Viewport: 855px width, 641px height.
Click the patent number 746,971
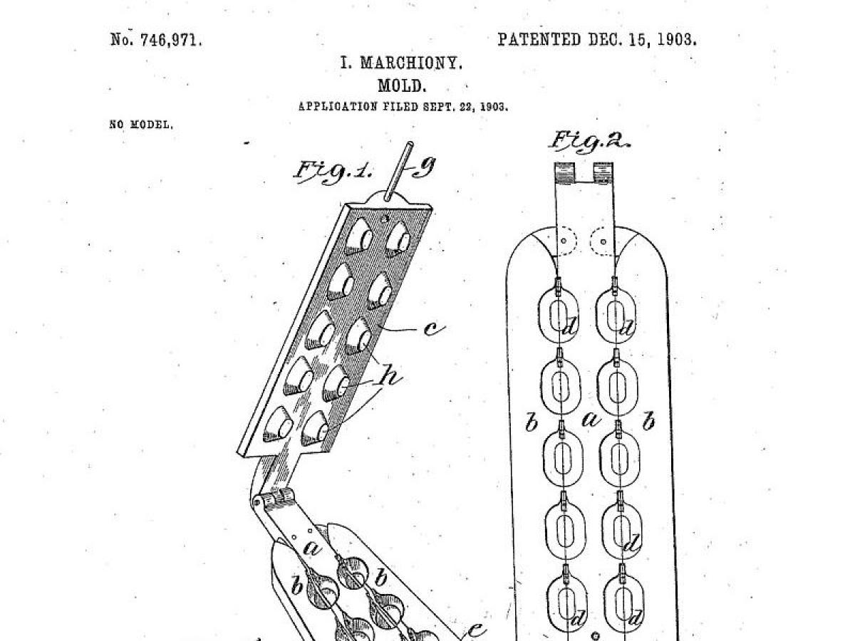tap(171, 40)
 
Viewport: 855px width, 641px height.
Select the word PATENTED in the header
tap(539, 39)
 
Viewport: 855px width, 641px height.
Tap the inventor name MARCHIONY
tap(411, 63)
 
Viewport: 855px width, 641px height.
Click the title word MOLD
tap(402, 85)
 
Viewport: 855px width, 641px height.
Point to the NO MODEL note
tap(141, 125)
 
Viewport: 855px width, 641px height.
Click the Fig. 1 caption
tap(332, 170)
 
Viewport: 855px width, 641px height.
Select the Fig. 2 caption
tap(589, 141)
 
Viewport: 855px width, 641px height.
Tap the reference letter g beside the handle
tap(424, 167)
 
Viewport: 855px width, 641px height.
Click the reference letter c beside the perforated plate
tap(435, 329)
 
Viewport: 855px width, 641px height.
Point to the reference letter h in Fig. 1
tap(390, 375)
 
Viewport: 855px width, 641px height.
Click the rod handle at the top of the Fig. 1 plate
tap(398, 171)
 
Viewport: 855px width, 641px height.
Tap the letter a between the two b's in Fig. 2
tap(591, 419)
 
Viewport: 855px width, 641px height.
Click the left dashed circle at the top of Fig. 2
tap(564, 241)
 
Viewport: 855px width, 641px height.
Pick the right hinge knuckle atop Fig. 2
tap(603, 173)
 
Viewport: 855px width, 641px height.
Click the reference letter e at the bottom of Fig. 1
tap(476, 630)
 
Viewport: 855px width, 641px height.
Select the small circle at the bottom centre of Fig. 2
tap(595, 635)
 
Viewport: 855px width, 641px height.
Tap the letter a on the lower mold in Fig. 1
tap(312, 548)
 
